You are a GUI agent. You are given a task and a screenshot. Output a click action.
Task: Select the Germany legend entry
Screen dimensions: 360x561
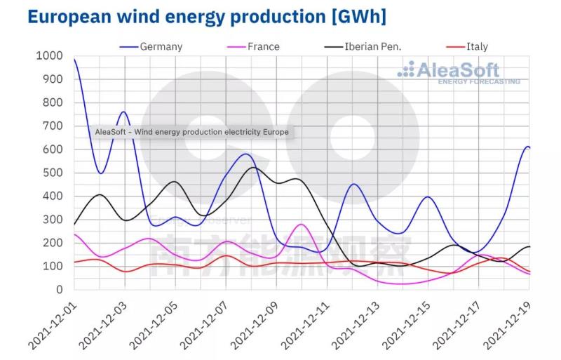coord(161,47)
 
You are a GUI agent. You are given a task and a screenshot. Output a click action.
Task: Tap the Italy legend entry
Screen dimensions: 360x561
coord(477,47)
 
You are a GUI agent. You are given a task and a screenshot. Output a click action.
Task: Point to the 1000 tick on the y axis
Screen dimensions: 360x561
coord(48,56)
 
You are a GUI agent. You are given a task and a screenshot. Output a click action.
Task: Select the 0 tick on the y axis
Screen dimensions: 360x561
coord(60,289)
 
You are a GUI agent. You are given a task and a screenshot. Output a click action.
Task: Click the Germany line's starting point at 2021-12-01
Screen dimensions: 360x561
coord(74,60)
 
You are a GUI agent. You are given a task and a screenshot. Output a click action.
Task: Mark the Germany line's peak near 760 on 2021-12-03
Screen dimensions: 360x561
coord(124,112)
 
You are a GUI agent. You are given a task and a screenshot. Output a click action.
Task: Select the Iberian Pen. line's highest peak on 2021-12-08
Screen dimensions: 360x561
coord(252,168)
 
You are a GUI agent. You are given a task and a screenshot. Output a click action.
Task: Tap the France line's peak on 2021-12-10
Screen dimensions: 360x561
coord(302,225)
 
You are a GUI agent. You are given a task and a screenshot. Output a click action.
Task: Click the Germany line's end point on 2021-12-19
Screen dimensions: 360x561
coord(529,147)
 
